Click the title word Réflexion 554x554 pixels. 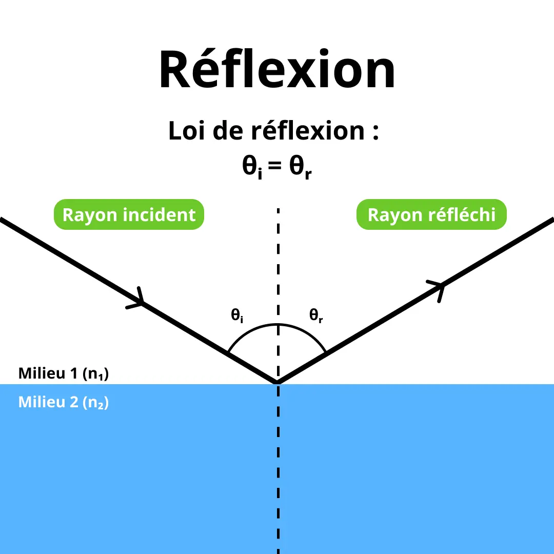click(277, 70)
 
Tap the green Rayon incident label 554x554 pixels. click(129, 214)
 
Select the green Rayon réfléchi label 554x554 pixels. click(431, 214)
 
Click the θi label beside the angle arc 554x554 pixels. click(236, 315)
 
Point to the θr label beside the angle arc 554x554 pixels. click(316, 315)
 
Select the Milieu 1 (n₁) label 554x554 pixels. click(64, 373)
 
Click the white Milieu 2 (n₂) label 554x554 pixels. click(64, 402)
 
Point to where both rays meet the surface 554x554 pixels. click(278, 383)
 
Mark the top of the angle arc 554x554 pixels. click(278, 325)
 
